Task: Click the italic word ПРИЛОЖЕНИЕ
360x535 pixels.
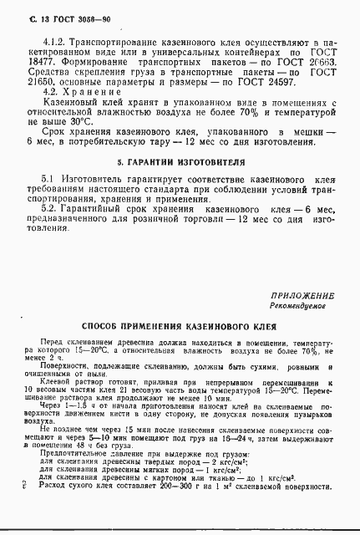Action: (302, 319)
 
